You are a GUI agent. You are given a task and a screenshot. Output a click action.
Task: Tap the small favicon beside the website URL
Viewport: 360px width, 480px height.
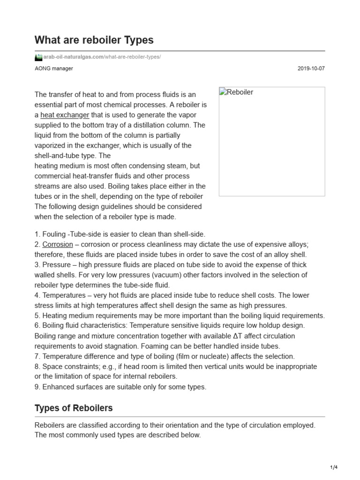click(x=38, y=57)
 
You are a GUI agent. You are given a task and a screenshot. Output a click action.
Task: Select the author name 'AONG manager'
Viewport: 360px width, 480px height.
click(x=54, y=68)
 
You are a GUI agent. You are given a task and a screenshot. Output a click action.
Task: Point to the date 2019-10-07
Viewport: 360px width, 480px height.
click(x=311, y=68)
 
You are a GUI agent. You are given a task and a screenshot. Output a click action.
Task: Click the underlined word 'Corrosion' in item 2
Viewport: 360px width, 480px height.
click(x=58, y=244)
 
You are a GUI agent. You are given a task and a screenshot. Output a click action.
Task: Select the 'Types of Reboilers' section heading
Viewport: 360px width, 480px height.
click(x=74, y=408)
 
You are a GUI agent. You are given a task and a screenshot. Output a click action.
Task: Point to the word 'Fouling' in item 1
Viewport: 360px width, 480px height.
click(x=54, y=234)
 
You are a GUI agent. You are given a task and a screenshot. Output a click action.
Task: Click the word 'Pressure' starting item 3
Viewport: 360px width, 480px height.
click(x=56, y=265)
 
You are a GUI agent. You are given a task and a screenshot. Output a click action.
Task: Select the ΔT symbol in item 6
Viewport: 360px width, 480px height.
click(x=225, y=336)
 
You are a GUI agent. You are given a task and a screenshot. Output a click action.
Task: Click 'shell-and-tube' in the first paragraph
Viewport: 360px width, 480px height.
click(x=56, y=156)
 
